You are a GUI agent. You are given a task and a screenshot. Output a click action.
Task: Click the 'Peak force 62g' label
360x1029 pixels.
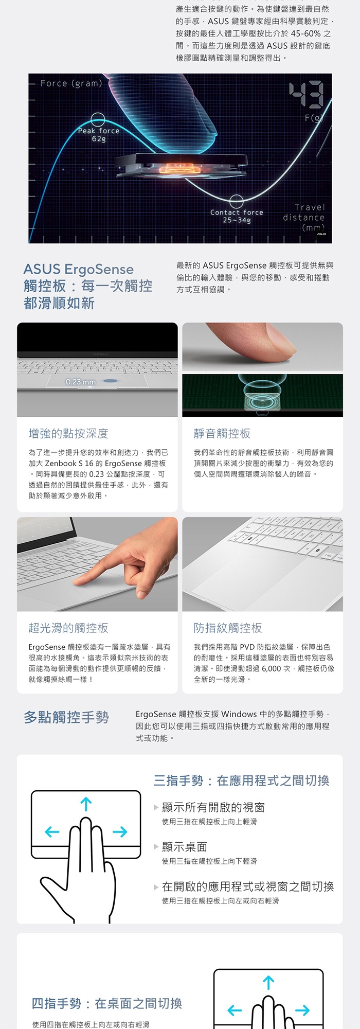point(99,135)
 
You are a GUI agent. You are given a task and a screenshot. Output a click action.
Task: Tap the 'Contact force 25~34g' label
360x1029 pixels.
point(237,216)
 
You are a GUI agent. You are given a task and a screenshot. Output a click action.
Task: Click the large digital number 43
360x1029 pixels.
point(306,96)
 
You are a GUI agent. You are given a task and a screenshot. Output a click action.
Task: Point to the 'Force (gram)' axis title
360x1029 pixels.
point(71,83)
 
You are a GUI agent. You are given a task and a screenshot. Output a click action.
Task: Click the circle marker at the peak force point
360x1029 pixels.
point(98,120)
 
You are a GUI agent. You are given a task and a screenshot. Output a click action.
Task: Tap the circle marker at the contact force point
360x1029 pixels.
point(236,201)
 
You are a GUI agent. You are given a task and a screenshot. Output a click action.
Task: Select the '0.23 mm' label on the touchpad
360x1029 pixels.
point(81,382)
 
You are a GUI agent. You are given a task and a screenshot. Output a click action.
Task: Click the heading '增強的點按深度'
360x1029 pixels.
point(68,434)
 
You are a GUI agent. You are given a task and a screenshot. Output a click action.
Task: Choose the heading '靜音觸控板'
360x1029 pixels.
point(222,434)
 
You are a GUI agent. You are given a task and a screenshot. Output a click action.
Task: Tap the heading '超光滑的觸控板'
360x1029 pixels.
point(68,628)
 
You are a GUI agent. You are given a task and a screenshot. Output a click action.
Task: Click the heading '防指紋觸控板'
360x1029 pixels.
point(228,628)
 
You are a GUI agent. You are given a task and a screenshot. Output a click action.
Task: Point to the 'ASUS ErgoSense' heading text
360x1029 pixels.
point(78,269)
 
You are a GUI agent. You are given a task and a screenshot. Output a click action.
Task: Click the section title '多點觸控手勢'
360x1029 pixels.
point(66,717)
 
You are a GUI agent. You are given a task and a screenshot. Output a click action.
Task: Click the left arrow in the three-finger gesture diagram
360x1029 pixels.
point(52,832)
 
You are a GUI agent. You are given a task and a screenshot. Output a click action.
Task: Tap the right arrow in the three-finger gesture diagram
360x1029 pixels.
point(120,832)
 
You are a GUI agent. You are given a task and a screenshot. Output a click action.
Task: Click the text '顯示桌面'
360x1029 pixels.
point(185,847)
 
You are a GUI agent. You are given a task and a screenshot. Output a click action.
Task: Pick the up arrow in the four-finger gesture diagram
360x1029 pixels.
point(268,983)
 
